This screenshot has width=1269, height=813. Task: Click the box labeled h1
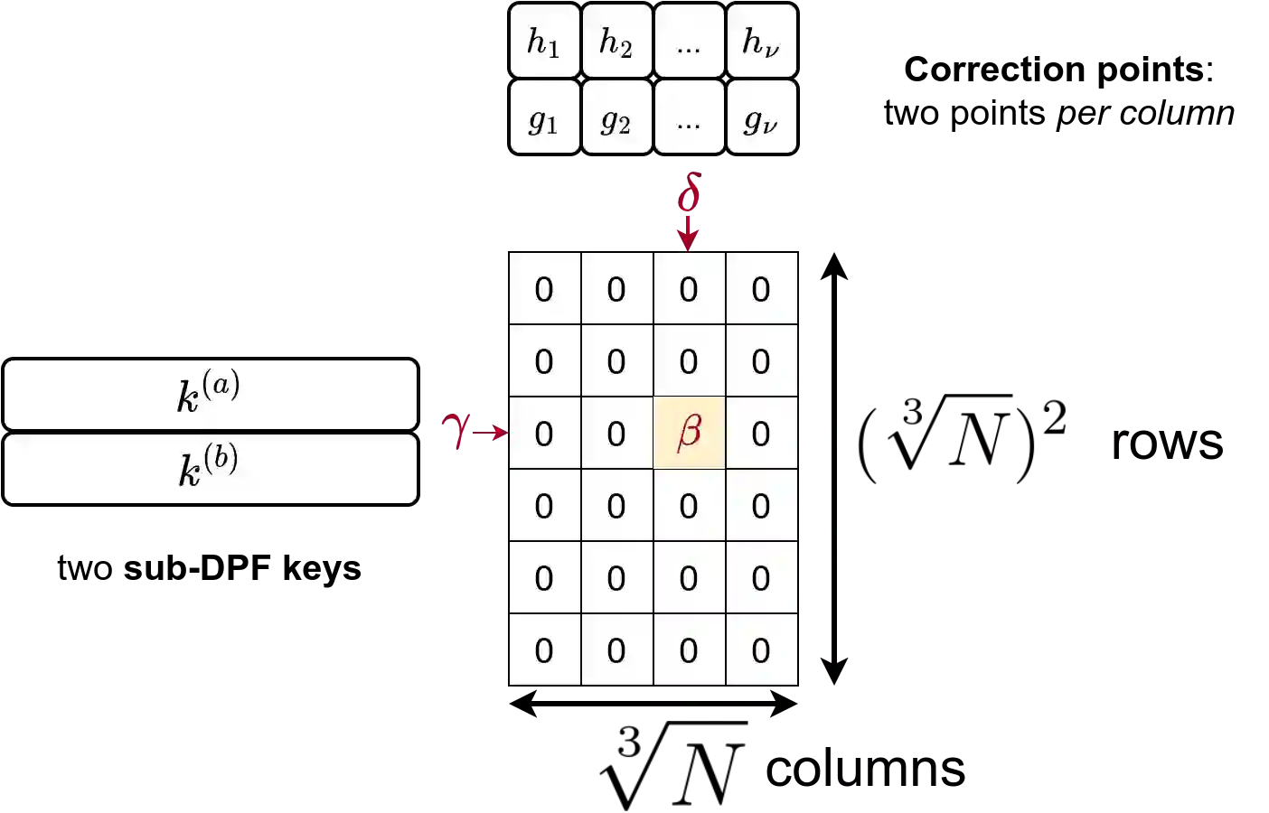pyautogui.click(x=544, y=42)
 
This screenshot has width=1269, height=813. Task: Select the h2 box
pyautogui.click(x=616, y=42)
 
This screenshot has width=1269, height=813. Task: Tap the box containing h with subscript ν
pyautogui.click(x=761, y=42)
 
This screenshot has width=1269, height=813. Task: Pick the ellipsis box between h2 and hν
pyautogui.click(x=689, y=42)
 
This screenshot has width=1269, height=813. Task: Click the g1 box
pyautogui.click(x=544, y=117)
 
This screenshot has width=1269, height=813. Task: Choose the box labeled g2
pyautogui.click(x=616, y=117)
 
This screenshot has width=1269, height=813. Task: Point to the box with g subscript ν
pyautogui.click(x=761, y=117)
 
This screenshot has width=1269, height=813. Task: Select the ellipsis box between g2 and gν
pyautogui.click(x=689, y=117)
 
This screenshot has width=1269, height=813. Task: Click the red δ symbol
pyautogui.click(x=690, y=192)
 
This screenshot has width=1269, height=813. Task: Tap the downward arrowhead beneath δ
pyautogui.click(x=689, y=238)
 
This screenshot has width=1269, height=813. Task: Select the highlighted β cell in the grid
pyautogui.click(x=689, y=433)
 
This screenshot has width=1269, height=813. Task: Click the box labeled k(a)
pyautogui.click(x=211, y=395)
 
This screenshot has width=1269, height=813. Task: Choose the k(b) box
pyautogui.click(x=211, y=469)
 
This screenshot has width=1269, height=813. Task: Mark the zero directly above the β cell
pyautogui.click(x=689, y=361)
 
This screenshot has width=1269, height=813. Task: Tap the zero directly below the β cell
pyautogui.click(x=689, y=506)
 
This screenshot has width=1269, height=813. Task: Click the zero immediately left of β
pyautogui.click(x=616, y=434)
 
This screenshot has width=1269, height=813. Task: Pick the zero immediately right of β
pyautogui.click(x=761, y=434)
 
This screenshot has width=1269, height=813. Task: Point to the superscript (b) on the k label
pyautogui.click(x=221, y=457)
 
